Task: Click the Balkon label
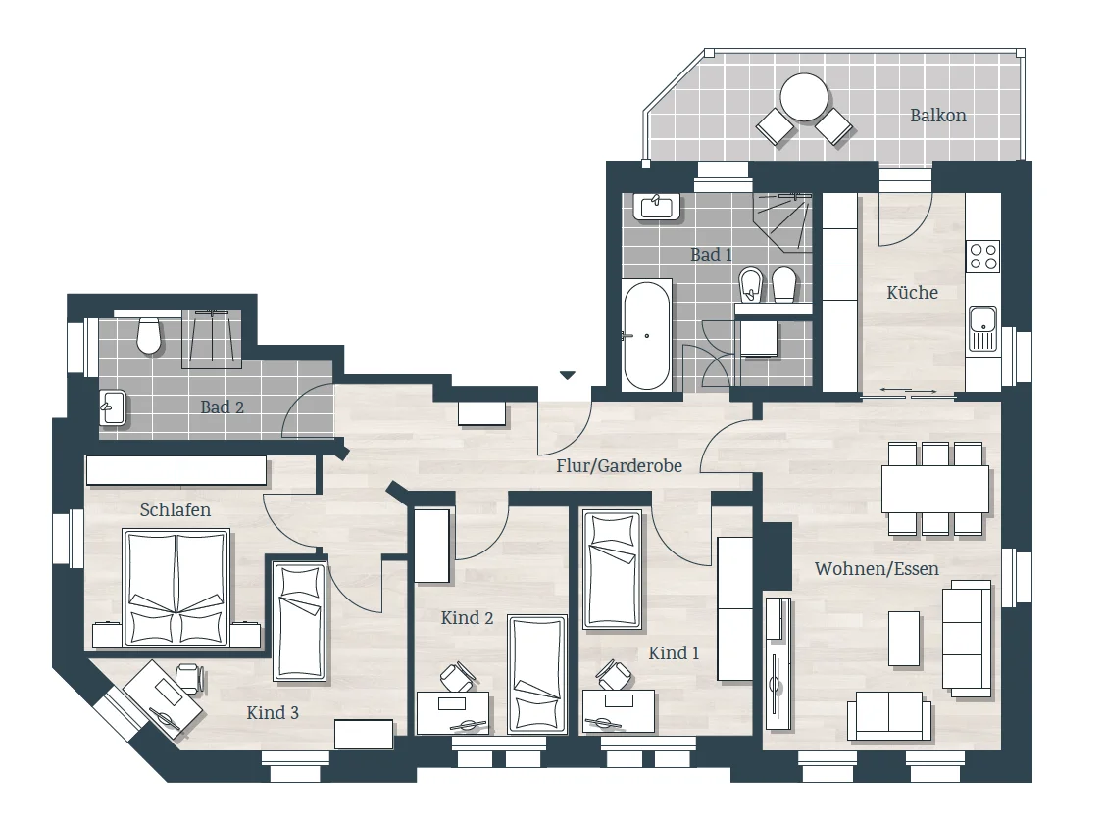click(938, 116)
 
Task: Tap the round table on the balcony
click(804, 97)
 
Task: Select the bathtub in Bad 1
click(647, 335)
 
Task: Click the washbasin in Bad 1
click(657, 206)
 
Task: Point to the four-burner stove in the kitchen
click(982, 257)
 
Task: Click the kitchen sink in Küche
click(982, 328)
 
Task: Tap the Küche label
click(913, 292)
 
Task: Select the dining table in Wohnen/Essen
click(935, 489)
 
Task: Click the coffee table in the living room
click(904, 639)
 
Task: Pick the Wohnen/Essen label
click(877, 568)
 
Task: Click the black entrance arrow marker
click(568, 375)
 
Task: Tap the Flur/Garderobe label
click(619, 465)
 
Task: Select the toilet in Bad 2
click(149, 335)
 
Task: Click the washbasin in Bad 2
click(113, 407)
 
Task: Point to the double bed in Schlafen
click(176, 589)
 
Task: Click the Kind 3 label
click(273, 712)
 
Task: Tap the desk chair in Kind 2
click(458, 676)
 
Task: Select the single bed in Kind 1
click(611, 569)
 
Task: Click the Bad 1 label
click(711, 255)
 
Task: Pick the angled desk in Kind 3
click(157, 699)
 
